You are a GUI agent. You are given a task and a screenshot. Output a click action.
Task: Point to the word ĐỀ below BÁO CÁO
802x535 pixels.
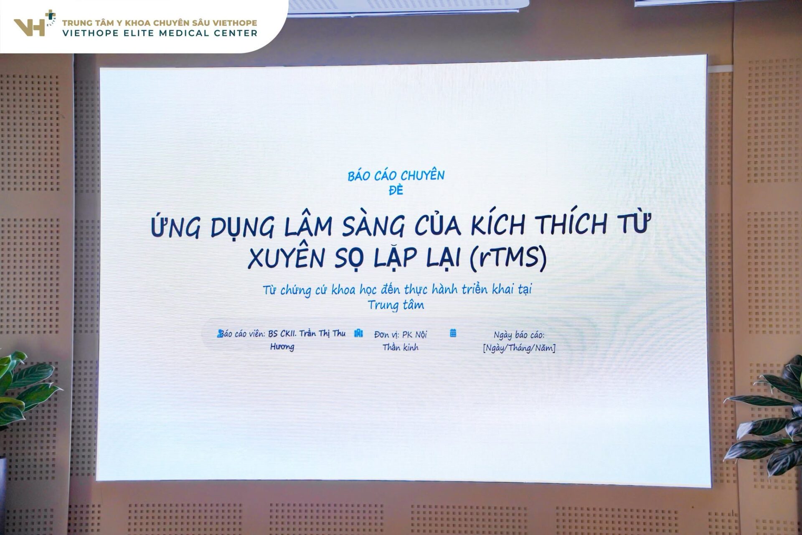(x=396, y=190)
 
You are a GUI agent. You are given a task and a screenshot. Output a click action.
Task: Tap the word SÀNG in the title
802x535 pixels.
(x=373, y=226)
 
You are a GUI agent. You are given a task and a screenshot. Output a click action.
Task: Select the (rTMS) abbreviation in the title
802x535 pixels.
(x=508, y=257)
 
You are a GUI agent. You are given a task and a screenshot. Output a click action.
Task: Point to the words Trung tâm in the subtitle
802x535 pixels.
(x=396, y=305)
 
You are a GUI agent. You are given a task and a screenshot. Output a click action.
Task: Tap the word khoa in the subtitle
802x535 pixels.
(x=343, y=290)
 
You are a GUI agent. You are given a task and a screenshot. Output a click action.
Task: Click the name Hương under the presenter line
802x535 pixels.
(x=282, y=346)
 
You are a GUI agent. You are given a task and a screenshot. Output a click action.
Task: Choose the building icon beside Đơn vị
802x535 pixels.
(x=358, y=333)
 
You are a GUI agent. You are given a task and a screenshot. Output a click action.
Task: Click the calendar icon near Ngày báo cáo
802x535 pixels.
(x=453, y=333)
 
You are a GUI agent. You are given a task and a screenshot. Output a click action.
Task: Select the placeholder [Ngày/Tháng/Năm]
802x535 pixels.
(x=519, y=348)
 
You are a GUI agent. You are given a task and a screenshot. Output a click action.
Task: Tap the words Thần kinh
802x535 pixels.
(x=401, y=347)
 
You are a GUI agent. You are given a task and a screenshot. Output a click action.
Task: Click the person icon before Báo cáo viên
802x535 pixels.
(x=220, y=334)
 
